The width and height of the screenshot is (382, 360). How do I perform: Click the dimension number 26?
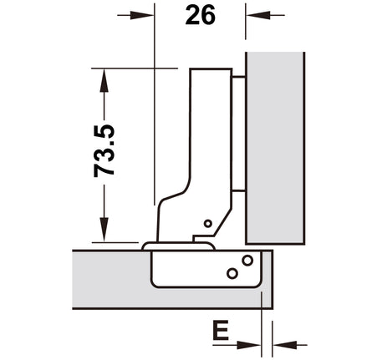[x=200, y=15]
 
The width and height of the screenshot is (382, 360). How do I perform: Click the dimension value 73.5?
[x=104, y=150]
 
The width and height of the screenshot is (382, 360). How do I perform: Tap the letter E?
[x=221, y=330]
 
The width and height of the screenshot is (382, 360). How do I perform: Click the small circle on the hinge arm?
[x=208, y=223]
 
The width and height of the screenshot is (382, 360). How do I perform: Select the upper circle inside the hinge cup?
[x=247, y=261]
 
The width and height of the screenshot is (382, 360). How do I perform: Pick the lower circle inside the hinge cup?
[x=232, y=273]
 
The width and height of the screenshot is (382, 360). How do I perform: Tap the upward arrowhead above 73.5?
[x=104, y=80]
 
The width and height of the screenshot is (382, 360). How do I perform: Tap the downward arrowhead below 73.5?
[x=104, y=230]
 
